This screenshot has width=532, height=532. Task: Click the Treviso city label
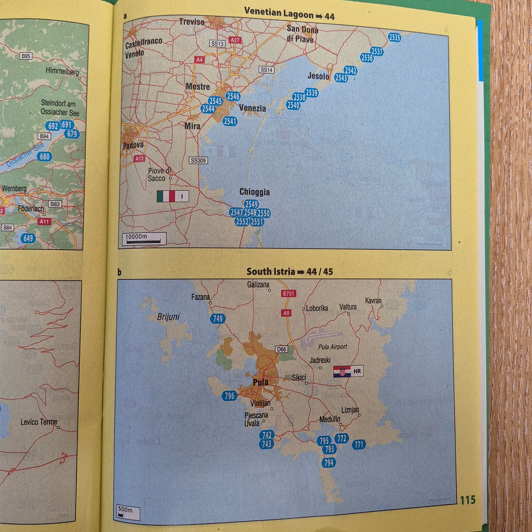[192, 22]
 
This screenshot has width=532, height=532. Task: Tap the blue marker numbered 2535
[394, 37]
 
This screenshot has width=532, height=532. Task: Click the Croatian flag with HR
[348, 371]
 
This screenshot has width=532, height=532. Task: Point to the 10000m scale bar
[144, 239]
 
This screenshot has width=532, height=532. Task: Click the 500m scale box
[128, 512]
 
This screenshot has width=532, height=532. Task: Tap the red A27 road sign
[235, 40]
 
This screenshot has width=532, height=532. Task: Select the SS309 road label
[198, 160]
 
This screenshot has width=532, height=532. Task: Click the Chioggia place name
[254, 192]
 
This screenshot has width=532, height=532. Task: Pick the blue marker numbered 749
[217, 319]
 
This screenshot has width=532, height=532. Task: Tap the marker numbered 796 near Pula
[229, 395]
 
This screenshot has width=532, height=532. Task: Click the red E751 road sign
[288, 293]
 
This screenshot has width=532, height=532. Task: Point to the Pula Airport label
[332, 347]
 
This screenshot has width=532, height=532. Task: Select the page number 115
[467, 500]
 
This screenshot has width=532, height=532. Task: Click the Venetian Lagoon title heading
[289, 14]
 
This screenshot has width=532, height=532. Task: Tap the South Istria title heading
[289, 272]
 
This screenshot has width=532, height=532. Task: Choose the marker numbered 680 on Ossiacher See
[45, 156]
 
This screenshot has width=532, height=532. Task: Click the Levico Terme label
[39, 422]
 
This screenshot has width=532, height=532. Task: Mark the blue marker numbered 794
[329, 462]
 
